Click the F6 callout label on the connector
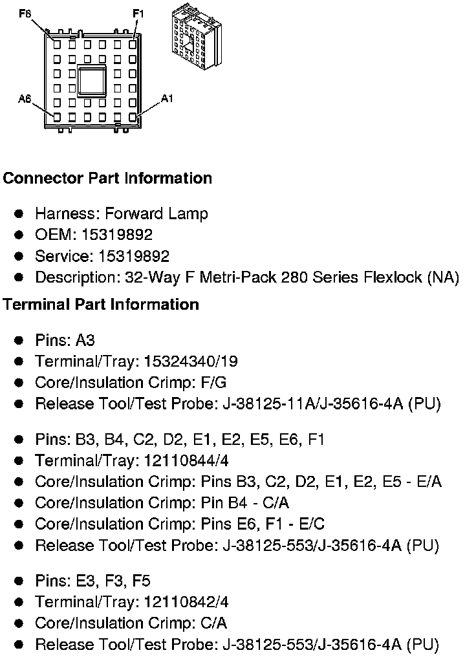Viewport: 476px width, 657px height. click(x=25, y=13)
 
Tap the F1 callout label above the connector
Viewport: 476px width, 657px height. click(x=138, y=13)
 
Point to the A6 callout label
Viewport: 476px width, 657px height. click(x=25, y=99)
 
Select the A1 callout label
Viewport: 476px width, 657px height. click(x=168, y=98)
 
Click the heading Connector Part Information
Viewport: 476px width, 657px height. click(x=107, y=178)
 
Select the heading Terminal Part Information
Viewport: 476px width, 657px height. click(x=101, y=304)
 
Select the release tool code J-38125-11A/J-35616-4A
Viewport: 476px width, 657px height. click(x=312, y=404)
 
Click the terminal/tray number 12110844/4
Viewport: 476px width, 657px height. click(x=186, y=460)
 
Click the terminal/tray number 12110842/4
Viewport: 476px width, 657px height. click(x=186, y=602)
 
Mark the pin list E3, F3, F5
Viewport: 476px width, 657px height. click(x=113, y=581)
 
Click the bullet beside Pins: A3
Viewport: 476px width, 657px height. click(x=20, y=340)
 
